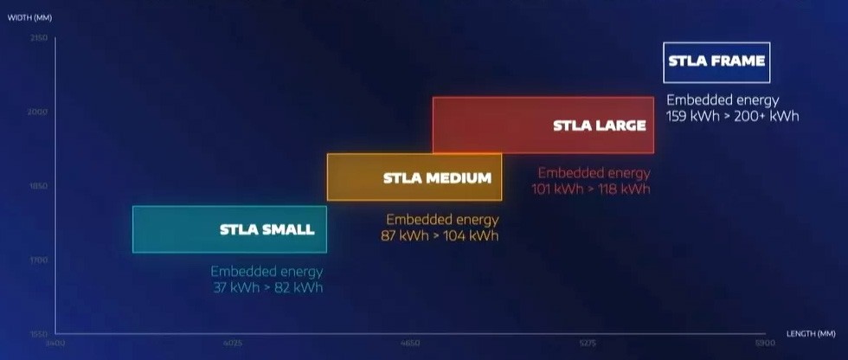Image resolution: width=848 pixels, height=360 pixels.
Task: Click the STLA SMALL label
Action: click(267, 230)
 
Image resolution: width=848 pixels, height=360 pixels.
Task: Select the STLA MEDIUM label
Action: click(437, 178)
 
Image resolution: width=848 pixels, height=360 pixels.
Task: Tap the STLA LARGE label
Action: click(599, 125)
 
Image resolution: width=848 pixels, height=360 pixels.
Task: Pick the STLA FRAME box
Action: click(716, 61)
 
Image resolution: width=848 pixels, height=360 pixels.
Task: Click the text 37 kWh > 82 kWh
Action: click(267, 287)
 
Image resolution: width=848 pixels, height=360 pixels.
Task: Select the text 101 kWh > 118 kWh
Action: click(593, 189)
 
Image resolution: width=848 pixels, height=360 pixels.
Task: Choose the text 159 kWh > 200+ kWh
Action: click(732, 116)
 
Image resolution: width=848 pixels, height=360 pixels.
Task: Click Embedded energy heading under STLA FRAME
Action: click(723, 100)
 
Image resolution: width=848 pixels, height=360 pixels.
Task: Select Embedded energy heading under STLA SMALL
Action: click(267, 272)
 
